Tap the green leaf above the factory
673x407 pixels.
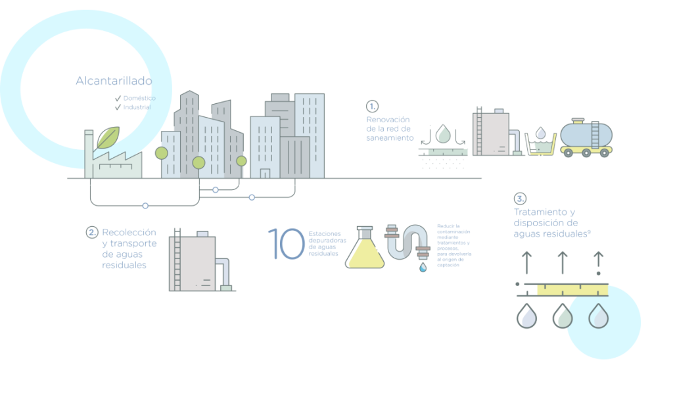pos(107,137)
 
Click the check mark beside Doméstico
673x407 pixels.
pos(118,98)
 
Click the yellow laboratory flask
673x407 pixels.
pos(365,251)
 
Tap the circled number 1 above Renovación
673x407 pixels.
pos(372,106)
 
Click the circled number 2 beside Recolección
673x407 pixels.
pos(92,232)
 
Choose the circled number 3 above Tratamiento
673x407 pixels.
pos(520,198)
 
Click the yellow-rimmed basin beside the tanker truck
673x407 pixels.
pos(541,144)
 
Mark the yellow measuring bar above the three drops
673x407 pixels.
pos(572,289)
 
